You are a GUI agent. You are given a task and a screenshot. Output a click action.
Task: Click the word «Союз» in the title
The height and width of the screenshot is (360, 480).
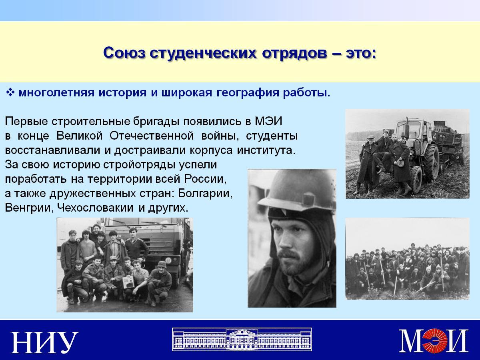point(124,53)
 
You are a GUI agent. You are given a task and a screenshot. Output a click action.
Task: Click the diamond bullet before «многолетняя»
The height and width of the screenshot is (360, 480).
point(10,92)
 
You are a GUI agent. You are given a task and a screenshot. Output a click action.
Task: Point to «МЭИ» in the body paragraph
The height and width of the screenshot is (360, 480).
point(268,121)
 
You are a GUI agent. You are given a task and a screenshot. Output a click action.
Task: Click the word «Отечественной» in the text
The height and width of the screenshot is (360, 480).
point(152,136)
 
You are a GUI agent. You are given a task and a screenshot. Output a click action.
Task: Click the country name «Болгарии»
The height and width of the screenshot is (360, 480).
point(205,194)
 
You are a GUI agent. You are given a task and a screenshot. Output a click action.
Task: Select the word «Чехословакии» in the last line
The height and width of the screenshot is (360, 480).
point(95,208)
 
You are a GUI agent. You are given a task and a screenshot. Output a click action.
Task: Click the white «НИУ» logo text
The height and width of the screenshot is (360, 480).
point(44,342)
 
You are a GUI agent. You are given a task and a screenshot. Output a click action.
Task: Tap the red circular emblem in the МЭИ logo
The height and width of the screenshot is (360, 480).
point(434,340)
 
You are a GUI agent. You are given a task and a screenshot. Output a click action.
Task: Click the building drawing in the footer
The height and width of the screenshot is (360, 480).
point(242,339)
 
